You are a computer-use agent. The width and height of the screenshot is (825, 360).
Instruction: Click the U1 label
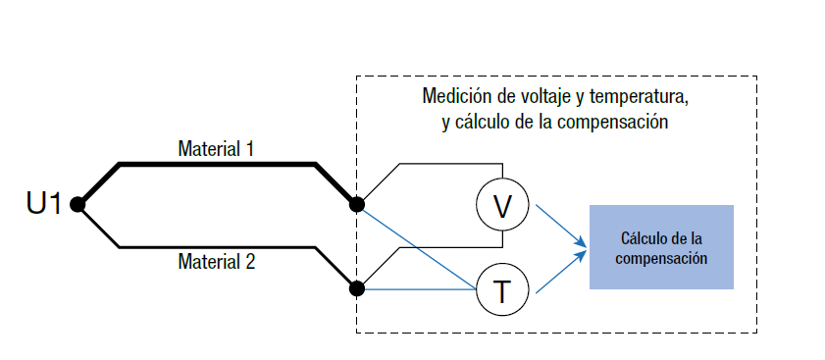[44, 204]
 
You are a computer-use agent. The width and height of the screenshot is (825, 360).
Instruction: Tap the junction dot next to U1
[77, 204]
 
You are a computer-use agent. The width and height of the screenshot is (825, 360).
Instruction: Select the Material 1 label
[216, 149]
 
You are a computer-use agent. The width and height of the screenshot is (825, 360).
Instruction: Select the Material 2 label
[216, 262]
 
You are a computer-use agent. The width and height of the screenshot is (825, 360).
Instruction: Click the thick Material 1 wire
[216, 164]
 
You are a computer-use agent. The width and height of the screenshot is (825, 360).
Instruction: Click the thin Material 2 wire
[216, 246]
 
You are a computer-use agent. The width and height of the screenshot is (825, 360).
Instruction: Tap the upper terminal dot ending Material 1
[357, 204]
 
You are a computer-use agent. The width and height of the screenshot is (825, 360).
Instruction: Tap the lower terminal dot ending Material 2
[357, 289]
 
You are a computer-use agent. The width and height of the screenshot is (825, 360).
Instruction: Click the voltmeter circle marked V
[502, 205]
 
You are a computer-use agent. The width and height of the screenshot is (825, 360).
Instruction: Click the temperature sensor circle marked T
[502, 289]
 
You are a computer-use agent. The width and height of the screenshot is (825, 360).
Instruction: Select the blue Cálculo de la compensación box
[661, 247]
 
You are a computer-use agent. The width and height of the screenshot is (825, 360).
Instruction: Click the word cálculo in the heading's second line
[486, 123]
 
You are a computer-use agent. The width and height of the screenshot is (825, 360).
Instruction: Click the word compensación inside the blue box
[661, 260]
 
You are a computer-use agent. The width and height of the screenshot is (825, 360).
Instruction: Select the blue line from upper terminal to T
[417, 247]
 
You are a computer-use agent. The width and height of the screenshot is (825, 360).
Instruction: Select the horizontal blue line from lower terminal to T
[417, 289]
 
